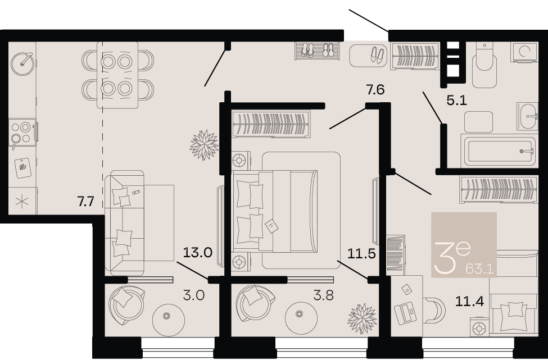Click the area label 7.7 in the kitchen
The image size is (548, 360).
[85, 202]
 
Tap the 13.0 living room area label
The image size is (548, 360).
[198, 252]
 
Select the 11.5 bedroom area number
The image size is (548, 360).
[361, 254]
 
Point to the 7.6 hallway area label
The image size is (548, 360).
[375, 90]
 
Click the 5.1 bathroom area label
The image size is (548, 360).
[457, 101]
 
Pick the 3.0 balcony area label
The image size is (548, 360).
[193, 295]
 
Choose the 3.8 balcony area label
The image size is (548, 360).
[323, 295]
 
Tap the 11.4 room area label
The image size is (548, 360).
[470, 300]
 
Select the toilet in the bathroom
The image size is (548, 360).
[484, 66]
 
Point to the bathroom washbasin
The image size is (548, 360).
[527, 117]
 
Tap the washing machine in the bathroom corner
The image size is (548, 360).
[524, 52]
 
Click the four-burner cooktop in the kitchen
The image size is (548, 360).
[22, 133]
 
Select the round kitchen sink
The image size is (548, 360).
[22, 64]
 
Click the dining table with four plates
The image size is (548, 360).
[117, 75]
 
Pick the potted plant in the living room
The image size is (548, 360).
[204, 145]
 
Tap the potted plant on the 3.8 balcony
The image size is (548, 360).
[362, 318]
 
